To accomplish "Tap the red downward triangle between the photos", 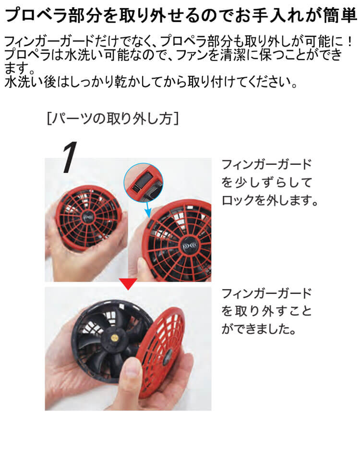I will click(128, 284).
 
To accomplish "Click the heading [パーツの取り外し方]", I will click(113, 118).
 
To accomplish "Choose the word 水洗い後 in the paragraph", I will click(26, 82).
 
